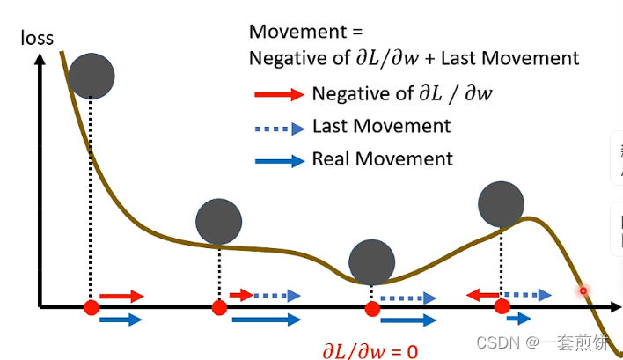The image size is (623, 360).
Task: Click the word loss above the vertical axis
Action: tap(37, 38)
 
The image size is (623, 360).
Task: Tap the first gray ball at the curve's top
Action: tap(91, 76)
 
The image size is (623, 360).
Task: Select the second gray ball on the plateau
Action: tap(218, 222)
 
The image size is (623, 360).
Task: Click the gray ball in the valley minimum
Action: tap(371, 261)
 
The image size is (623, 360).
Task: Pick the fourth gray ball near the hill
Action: tap(501, 203)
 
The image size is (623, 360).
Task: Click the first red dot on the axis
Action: tap(91, 307)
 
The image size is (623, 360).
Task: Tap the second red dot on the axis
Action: tap(219, 307)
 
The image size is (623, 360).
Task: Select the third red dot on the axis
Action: tap(372, 308)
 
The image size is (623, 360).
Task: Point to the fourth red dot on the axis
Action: tap(502, 306)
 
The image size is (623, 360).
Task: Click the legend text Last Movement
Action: tap(381, 126)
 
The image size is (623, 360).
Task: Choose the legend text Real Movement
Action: tap(382, 159)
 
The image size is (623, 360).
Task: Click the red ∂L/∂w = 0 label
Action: tap(368, 351)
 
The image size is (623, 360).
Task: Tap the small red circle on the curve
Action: tap(582, 290)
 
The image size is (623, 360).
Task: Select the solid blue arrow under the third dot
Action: tap(407, 320)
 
